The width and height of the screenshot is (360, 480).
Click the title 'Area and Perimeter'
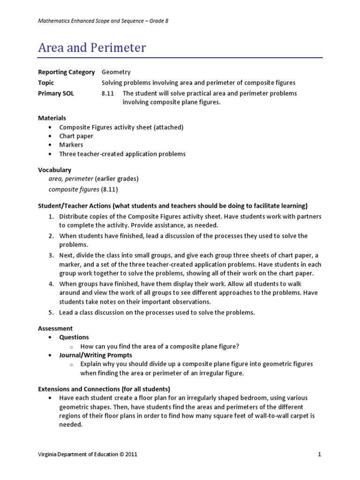92,47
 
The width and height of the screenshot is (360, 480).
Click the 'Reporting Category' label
66,72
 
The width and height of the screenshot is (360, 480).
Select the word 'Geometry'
116,72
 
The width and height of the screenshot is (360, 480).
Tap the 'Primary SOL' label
56,93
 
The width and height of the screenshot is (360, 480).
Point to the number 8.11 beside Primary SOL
108,93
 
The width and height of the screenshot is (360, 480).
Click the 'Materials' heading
52,118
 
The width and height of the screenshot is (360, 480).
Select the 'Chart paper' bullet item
76,136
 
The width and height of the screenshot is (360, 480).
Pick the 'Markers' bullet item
71,145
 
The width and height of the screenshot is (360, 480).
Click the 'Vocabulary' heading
54,170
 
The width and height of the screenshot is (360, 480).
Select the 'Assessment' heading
55,329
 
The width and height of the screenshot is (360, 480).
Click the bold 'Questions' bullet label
74,337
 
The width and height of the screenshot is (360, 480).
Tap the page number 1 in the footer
319,454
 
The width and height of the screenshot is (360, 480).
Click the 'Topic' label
46,82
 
